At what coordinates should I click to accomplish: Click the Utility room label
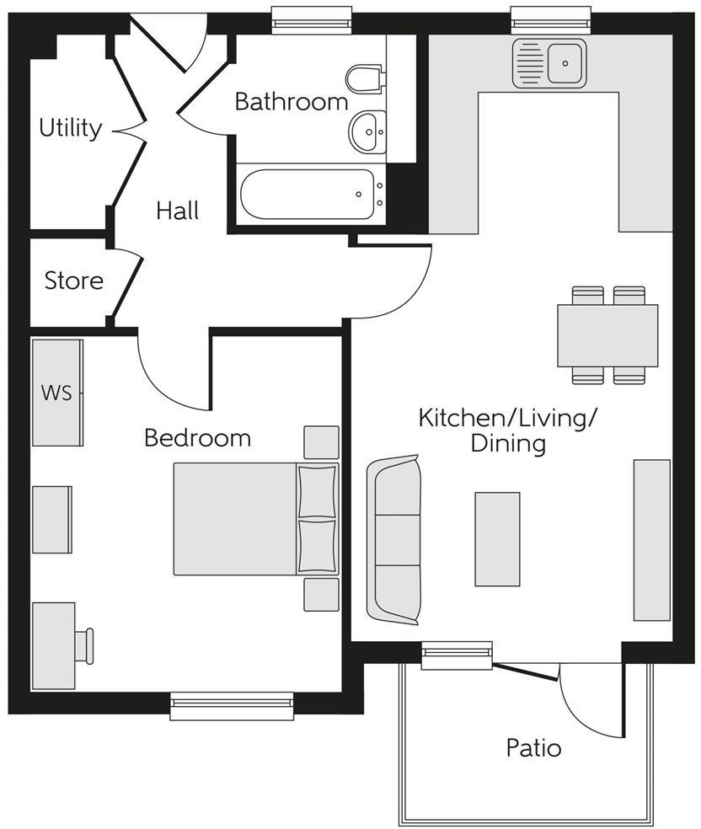pyautogui.click(x=71, y=128)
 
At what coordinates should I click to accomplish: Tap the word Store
pyautogui.click(x=74, y=281)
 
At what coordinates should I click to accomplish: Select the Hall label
pyautogui.click(x=178, y=211)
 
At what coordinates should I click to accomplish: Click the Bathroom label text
pyautogui.click(x=291, y=102)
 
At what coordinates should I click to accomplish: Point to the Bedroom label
pyautogui.click(x=197, y=438)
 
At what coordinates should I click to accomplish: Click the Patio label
pyautogui.click(x=533, y=747)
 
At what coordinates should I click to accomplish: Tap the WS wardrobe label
pyautogui.click(x=56, y=393)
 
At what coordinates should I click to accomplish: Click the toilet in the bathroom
pyautogui.click(x=364, y=78)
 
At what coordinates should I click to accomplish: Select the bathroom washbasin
pyautogui.click(x=367, y=131)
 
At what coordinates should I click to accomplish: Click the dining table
pyautogui.click(x=607, y=335)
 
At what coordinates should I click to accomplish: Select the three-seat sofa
pyautogui.click(x=394, y=540)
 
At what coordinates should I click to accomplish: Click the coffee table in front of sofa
pyautogui.click(x=497, y=539)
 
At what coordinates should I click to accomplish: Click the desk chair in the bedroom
pyautogui.click(x=84, y=645)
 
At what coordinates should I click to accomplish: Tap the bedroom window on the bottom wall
pyautogui.click(x=232, y=706)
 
